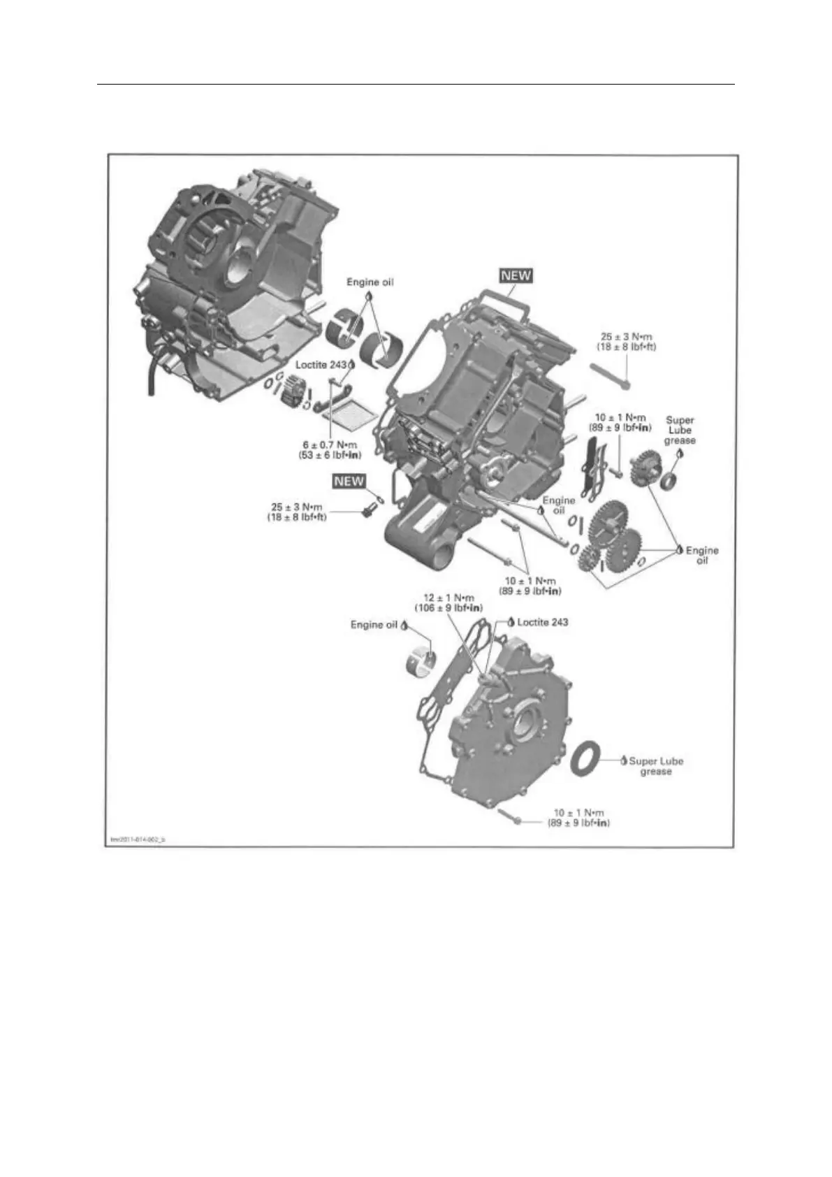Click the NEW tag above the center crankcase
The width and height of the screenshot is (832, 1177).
(x=516, y=275)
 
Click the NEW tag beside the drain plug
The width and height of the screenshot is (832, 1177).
(x=349, y=481)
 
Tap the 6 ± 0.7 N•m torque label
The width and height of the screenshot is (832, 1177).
(x=329, y=445)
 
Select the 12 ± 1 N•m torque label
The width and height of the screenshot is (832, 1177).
(x=449, y=598)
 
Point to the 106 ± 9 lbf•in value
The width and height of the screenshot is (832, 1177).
(x=449, y=608)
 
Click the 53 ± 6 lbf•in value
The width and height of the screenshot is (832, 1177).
(x=329, y=455)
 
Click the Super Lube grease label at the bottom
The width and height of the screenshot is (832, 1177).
(x=655, y=766)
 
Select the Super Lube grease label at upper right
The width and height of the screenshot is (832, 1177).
(x=680, y=430)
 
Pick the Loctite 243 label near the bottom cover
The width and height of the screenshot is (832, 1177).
(x=541, y=622)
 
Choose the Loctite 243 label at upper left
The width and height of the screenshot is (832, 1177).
(x=321, y=365)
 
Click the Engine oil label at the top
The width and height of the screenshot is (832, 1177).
(x=370, y=282)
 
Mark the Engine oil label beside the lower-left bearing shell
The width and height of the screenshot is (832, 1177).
(x=373, y=625)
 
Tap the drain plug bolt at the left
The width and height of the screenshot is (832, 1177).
(x=365, y=514)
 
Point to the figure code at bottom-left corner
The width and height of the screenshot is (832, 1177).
(x=138, y=839)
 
